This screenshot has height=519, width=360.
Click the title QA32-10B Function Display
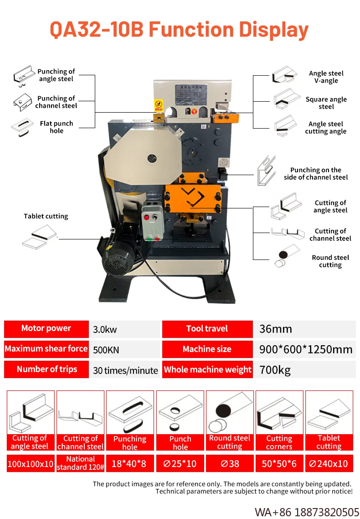point(179,30)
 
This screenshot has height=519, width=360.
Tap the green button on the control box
point(149,239)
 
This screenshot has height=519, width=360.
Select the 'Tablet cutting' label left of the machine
point(46,216)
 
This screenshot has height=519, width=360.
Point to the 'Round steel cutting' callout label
point(330,261)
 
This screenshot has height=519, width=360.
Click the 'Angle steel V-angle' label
point(326,77)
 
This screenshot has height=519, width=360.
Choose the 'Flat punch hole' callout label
point(57,127)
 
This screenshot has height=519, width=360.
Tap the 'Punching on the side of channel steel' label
point(315,173)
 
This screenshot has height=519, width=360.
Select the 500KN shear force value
point(106,350)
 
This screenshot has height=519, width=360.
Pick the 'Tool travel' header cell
point(207,329)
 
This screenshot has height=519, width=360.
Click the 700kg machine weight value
point(275,370)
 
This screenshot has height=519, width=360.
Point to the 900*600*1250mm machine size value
point(306,350)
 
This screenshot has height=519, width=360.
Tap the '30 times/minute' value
point(125,370)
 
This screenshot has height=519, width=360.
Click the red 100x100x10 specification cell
point(31,464)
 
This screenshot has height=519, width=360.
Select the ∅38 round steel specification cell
point(229,464)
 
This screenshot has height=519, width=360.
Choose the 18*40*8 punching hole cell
point(130,464)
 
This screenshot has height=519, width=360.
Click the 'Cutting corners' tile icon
point(279,413)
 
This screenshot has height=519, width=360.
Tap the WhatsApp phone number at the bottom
point(307,511)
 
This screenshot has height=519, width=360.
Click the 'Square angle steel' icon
point(285,99)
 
